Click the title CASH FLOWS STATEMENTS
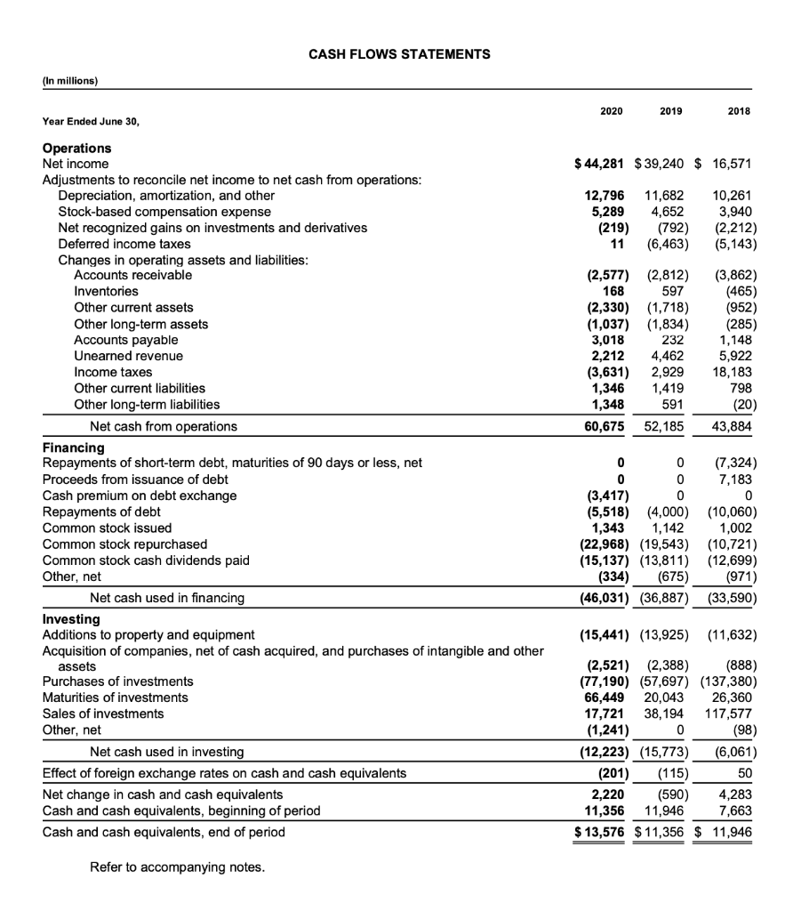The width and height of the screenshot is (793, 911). (x=399, y=54)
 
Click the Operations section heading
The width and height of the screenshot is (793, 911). (x=77, y=148)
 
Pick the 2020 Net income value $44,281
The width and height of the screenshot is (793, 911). (x=603, y=164)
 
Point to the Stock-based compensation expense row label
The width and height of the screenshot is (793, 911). (x=164, y=212)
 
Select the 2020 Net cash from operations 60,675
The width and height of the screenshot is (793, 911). (x=603, y=426)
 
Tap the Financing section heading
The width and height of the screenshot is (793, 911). (x=73, y=447)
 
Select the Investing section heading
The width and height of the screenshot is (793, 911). (x=71, y=619)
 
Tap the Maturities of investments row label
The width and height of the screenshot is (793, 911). (x=116, y=697)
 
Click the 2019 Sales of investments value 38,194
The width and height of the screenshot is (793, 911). (x=661, y=713)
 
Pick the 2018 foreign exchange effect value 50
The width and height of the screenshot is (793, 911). (x=747, y=773)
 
